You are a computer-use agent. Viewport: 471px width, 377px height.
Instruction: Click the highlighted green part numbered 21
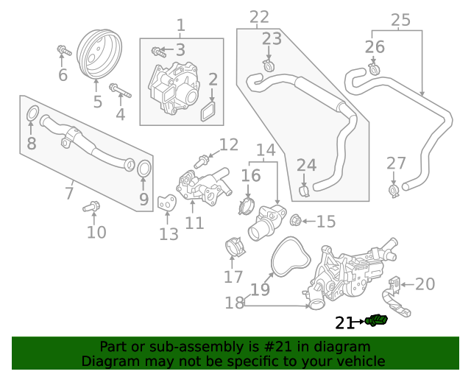[x=378, y=320]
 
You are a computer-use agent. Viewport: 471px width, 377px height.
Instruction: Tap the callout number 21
[x=345, y=323]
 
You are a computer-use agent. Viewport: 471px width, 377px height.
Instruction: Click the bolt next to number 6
[x=63, y=52]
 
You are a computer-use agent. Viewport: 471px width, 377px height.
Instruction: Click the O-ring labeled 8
[x=32, y=114]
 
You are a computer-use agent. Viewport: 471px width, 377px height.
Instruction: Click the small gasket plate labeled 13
[x=167, y=202]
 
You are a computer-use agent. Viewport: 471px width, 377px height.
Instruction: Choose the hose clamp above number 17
[x=234, y=248]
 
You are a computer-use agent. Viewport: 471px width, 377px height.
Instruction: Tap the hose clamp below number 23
[x=269, y=68]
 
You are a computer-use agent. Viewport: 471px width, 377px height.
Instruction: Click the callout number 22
[x=260, y=17]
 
